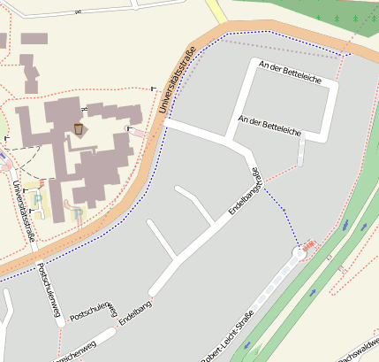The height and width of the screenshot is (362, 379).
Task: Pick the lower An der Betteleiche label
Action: click(270, 125)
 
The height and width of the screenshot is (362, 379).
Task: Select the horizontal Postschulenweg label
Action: click(93, 312)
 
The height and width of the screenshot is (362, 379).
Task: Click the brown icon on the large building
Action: click(79, 130)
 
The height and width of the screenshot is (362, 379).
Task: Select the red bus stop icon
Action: click(309, 245)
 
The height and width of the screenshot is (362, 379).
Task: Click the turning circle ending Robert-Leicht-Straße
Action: click(299, 253)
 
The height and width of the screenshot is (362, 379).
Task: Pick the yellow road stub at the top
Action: click(216, 12)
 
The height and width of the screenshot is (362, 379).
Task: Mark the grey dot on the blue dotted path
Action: click(284, 210)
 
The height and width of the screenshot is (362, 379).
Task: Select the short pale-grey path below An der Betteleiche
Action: click(301, 151)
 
